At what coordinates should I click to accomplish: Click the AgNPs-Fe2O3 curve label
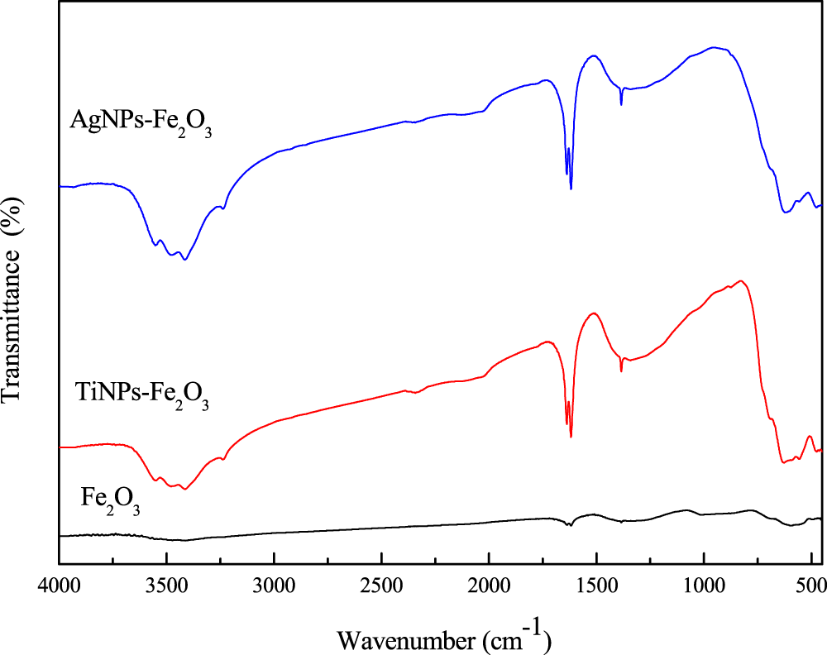pyautogui.click(x=141, y=126)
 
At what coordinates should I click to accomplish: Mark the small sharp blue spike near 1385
pyautogui.click(x=621, y=103)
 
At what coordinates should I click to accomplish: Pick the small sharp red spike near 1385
pyautogui.click(x=621, y=370)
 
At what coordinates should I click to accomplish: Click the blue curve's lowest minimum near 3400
pyautogui.click(x=184, y=260)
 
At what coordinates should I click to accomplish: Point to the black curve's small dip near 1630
pyautogui.click(x=568, y=525)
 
